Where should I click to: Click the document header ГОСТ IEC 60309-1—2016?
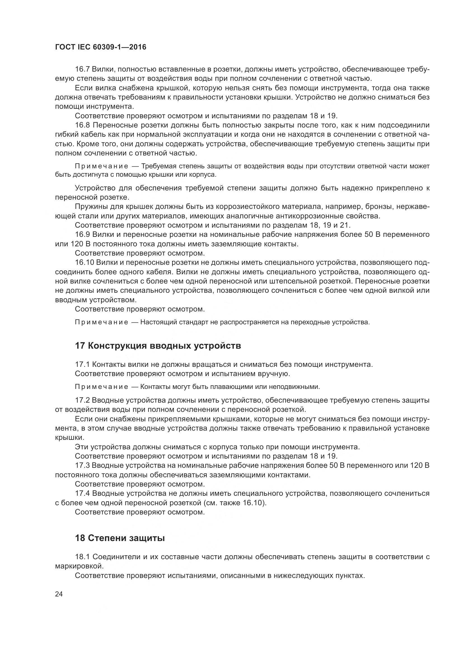point(100,47)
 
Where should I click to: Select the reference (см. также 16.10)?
point(235,503)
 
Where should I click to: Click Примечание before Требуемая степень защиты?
point(102,166)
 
